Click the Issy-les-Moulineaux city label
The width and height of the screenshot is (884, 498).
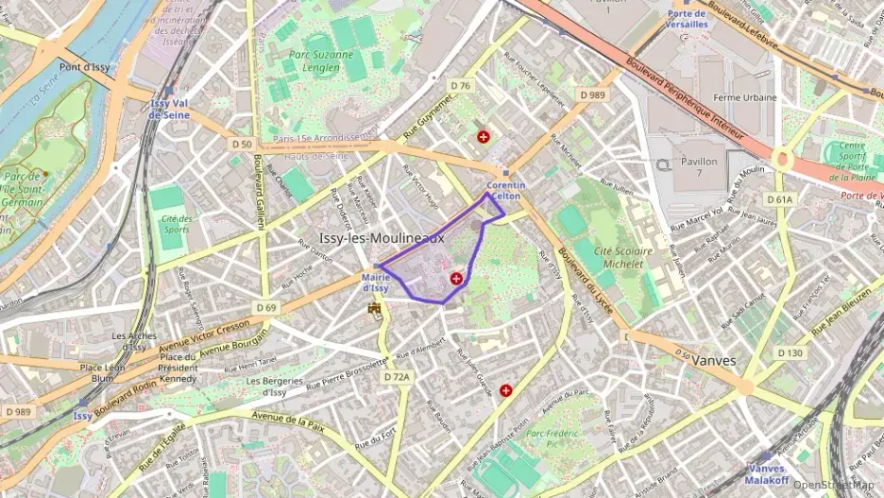pyautogui.click(x=382, y=238)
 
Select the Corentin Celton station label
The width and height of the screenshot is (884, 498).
pyautogui.click(x=506, y=190)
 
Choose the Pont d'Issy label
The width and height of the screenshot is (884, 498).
pyautogui.click(x=85, y=67)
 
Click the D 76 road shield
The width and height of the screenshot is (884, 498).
pyautogui.click(x=460, y=86)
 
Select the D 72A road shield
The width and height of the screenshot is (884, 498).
pyautogui.click(x=398, y=377)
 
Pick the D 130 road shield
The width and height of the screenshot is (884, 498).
pyautogui.click(x=790, y=352)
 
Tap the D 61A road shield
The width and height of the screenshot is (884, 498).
pyautogui.click(x=780, y=199)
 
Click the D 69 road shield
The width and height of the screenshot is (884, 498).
pyautogui.click(x=266, y=308)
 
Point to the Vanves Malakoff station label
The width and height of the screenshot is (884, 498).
pyautogui.click(x=765, y=473)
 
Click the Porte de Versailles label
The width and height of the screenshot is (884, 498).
pyautogui.click(x=687, y=19)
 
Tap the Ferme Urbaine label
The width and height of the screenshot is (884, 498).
pyautogui.click(x=745, y=97)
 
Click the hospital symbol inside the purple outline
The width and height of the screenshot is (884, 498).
pyautogui.click(x=457, y=278)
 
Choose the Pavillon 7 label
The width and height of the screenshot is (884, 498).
pyautogui.click(x=699, y=167)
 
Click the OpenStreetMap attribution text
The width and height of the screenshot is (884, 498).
pyautogui.click(x=833, y=485)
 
